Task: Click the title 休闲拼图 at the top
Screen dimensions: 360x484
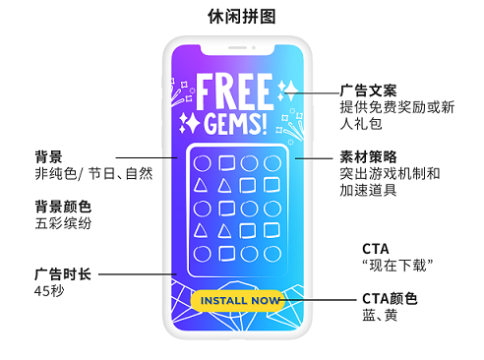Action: coord(241,17)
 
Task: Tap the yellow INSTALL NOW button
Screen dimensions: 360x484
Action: coord(237,300)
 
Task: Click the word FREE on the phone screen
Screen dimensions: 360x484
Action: coord(235,90)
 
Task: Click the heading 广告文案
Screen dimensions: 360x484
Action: coord(368,90)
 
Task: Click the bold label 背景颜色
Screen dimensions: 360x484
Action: coord(62,207)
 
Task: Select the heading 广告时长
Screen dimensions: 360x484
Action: coord(62,273)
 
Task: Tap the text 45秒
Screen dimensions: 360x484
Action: coord(48,291)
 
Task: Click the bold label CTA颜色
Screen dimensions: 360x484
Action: coord(390,298)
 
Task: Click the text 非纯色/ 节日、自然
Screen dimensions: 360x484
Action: coord(92,173)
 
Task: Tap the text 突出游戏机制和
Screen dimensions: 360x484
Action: coord(390,173)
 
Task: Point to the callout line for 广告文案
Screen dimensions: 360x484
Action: coord(315,90)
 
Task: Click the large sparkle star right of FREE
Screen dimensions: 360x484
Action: coord(287,90)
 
